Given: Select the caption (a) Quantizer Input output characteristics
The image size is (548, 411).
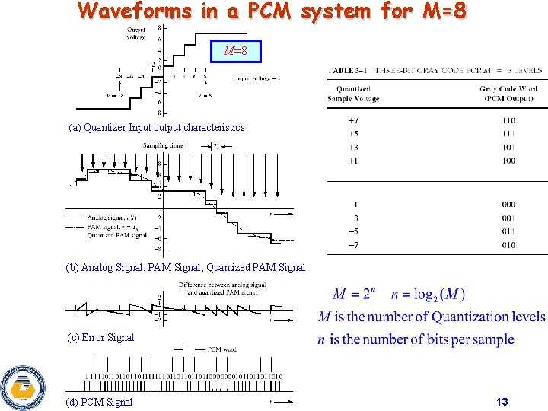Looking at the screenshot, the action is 157,127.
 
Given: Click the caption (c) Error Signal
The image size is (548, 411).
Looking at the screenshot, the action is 100,337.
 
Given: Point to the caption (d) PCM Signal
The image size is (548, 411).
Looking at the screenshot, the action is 99,402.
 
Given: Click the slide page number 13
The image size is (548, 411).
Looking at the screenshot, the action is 502,402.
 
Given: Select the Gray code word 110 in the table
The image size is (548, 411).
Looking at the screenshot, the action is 508,120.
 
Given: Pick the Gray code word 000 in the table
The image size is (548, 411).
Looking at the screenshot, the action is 508,204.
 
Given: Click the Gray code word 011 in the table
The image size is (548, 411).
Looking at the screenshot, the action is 508,231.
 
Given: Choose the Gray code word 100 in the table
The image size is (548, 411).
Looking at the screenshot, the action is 508,161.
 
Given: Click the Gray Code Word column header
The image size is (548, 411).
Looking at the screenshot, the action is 508,94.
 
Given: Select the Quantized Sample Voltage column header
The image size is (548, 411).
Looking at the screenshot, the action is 353,94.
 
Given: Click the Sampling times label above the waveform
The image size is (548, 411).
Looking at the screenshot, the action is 163,145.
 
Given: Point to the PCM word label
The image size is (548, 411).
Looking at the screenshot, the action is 221,349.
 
